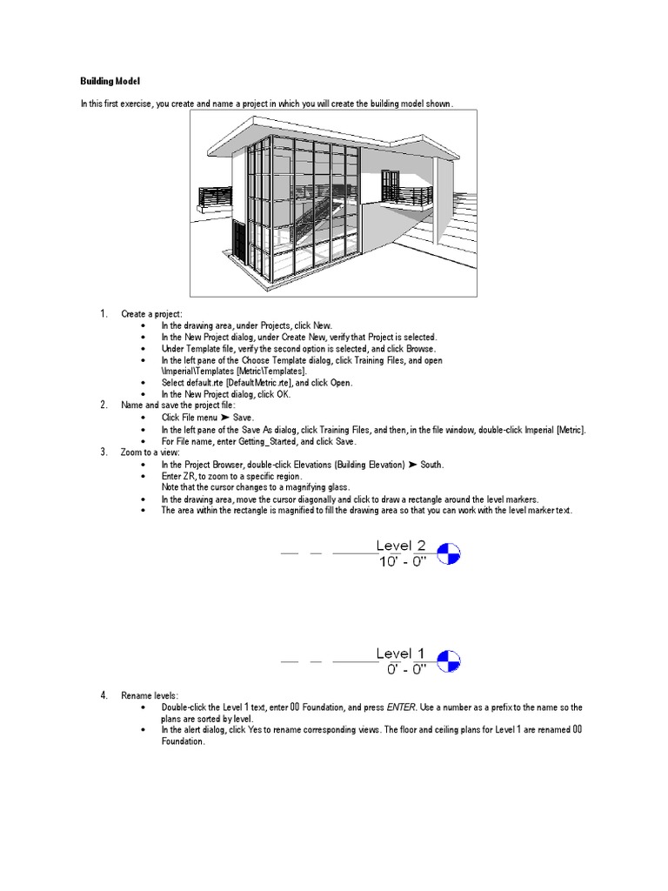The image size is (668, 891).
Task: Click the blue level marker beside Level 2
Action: pos(449,553)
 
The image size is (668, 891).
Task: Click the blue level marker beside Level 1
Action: pos(449,661)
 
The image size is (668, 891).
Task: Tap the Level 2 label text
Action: pos(401,546)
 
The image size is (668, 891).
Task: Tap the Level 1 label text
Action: pos(401,653)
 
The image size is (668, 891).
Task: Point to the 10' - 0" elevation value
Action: pos(401,562)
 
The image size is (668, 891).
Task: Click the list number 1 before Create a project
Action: pos(103,314)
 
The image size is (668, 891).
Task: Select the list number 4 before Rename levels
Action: pos(103,695)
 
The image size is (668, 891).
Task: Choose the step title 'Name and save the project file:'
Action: pos(178,405)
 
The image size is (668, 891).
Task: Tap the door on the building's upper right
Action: pos(391,186)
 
